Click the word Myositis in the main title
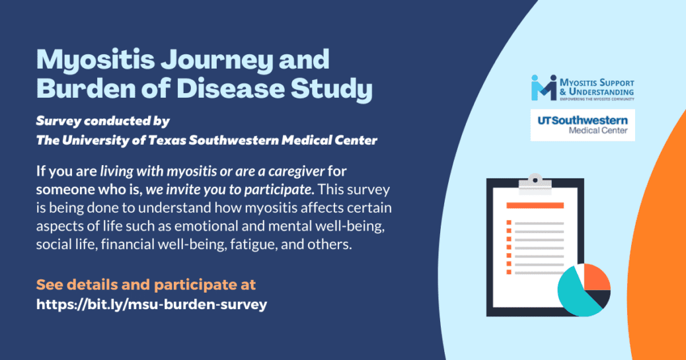(x=95, y=61)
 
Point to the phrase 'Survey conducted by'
(x=103, y=121)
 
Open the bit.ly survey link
(x=152, y=305)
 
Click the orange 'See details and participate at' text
(x=146, y=285)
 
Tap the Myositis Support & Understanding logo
(x=583, y=88)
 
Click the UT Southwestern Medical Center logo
(x=583, y=125)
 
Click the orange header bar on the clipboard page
(x=535, y=205)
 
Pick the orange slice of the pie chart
(x=596, y=277)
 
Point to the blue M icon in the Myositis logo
(x=544, y=87)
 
